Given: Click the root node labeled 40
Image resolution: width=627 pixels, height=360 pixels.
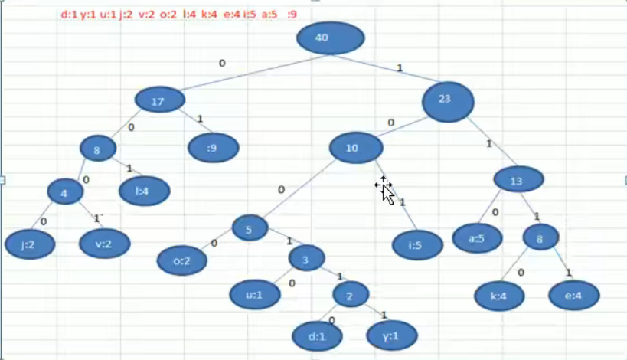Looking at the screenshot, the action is [330, 38].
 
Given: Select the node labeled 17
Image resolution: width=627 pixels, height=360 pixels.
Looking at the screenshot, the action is [160, 100].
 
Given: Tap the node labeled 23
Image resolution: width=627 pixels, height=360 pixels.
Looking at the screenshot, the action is [448, 102].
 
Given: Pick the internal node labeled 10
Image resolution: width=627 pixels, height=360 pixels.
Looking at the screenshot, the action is [356, 148].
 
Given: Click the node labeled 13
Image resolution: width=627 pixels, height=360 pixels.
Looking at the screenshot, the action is [518, 180].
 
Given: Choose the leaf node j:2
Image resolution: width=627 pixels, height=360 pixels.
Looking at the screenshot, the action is [30, 244].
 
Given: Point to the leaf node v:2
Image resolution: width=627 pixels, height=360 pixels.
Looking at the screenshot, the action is [105, 244].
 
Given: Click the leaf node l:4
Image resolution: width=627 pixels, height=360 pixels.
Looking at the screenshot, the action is [145, 191].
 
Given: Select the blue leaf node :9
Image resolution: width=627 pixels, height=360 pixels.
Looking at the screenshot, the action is [214, 148].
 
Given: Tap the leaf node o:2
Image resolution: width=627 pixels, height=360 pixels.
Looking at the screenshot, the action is [182, 260].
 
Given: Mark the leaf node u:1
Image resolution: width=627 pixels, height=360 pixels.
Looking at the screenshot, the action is [255, 295].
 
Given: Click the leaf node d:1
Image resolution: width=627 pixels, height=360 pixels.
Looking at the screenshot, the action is [317, 336].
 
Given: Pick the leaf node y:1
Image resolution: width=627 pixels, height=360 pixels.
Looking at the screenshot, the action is [392, 335].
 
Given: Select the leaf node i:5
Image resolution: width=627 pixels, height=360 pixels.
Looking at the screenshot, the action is [417, 245].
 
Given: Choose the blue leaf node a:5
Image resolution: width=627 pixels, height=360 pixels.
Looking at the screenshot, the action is [477, 238].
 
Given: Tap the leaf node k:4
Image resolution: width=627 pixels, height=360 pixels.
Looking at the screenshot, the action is [499, 296].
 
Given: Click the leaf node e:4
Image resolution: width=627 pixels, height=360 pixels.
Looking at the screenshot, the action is [574, 296].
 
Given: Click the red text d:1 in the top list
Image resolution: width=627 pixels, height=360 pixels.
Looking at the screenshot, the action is [69, 15].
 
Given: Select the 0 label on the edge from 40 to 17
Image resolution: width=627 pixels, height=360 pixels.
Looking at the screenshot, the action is [222, 64].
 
